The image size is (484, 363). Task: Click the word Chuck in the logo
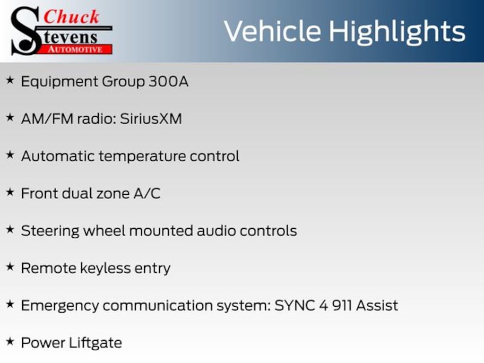click(x=71, y=17)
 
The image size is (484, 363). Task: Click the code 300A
click(x=169, y=81)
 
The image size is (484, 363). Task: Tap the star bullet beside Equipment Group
click(x=10, y=80)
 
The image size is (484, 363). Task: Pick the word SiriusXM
click(x=151, y=119)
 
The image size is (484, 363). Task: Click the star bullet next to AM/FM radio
click(x=10, y=117)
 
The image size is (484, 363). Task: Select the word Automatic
click(x=58, y=156)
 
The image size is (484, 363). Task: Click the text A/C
click(x=147, y=193)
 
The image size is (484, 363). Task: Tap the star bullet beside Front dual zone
click(x=10, y=192)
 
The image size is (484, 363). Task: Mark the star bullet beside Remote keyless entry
click(x=10, y=267)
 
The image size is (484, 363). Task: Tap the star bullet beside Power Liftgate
click(x=10, y=341)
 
